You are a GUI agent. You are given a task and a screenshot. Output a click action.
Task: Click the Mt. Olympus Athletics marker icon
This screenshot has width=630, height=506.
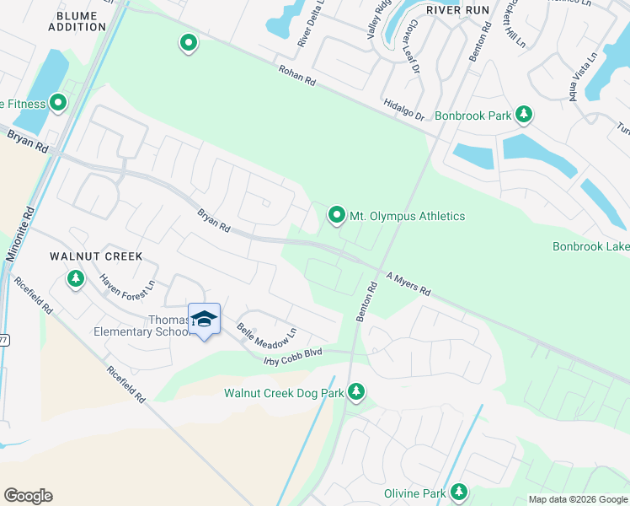pyautogui.click(x=337, y=216)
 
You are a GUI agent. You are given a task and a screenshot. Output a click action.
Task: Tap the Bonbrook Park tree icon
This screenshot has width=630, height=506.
pyautogui.click(x=524, y=114)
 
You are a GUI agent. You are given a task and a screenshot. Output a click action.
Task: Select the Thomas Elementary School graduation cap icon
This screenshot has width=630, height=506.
pyautogui.click(x=204, y=319)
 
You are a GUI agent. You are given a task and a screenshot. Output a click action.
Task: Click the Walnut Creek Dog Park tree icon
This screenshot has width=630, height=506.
pyautogui.click(x=356, y=392)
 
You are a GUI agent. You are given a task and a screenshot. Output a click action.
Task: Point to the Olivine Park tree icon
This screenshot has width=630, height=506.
pyautogui.click(x=459, y=491)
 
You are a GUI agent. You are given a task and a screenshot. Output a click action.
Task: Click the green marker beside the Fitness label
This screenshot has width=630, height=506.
pyautogui.click(x=58, y=104)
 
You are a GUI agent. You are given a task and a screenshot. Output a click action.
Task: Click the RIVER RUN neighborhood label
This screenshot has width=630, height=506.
pyautogui.click(x=456, y=9)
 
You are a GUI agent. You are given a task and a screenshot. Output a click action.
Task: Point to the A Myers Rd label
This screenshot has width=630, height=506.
pyautogui.click(x=408, y=283)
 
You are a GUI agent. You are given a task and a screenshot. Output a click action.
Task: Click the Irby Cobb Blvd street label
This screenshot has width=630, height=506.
pyautogui.click(x=293, y=358)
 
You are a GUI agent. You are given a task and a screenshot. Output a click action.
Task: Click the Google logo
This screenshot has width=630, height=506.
pyautogui.click(x=28, y=496)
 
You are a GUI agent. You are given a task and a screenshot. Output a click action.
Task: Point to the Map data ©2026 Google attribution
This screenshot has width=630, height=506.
pyautogui.click(x=578, y=499)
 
